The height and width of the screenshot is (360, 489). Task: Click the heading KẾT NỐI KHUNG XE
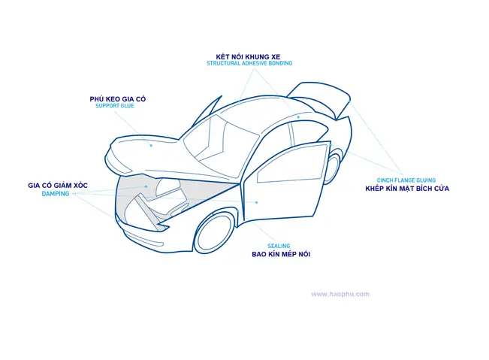coord(249,56)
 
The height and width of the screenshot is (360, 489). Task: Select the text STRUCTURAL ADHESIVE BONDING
coord(249,64)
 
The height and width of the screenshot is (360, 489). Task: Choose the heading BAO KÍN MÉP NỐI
coord(281,255)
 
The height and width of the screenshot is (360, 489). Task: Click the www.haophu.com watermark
coord(340,294)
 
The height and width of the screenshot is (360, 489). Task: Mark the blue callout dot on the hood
coord(150,144)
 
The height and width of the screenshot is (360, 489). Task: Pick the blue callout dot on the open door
coord(255,201)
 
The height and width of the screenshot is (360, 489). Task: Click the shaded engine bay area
coord(165,197)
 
